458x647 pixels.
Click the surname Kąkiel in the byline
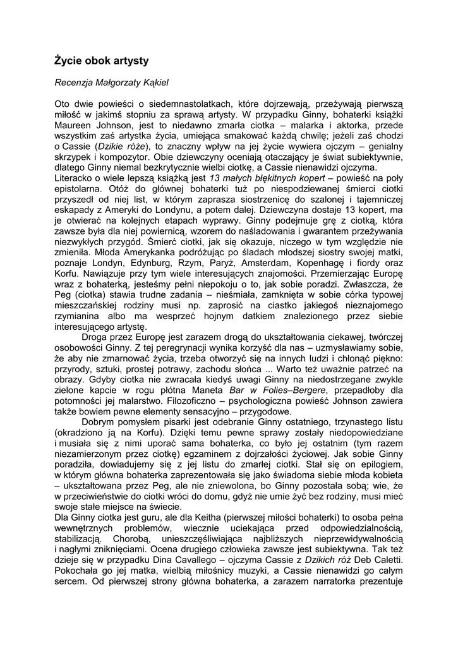click(153, 82)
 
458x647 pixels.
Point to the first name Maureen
click(75, 126)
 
